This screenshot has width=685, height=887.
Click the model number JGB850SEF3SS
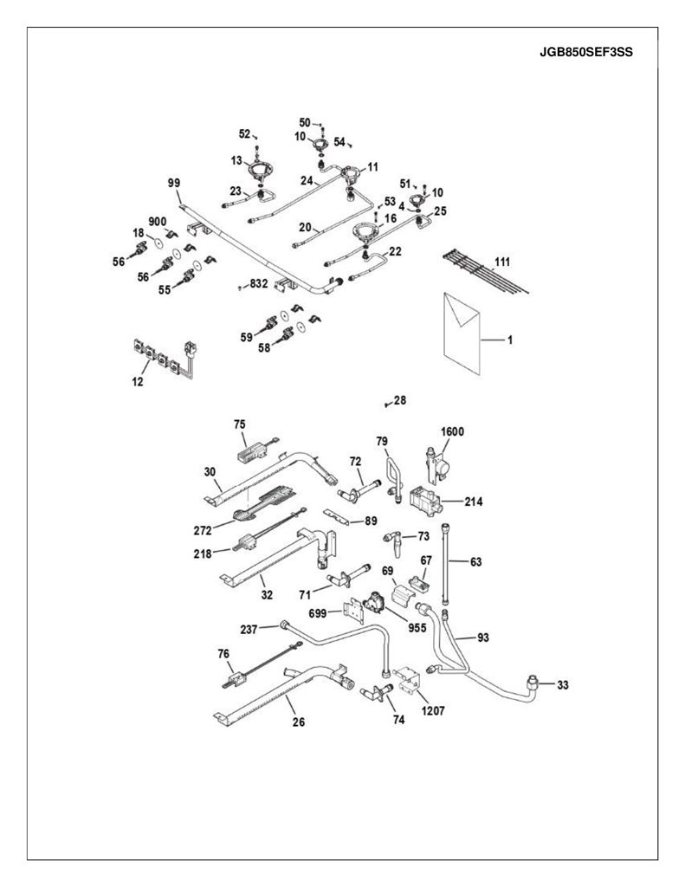click(x=586, y=53)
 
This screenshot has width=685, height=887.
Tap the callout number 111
click(x=502, y=262)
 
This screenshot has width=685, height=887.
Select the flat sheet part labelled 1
click(x=462, y=333)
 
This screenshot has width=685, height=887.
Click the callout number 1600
click(x=452, y=431)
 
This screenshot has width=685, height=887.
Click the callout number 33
click(x=562, y=685)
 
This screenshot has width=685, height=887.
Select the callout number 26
click(x=299, y=722)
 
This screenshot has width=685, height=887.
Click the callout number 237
click(x=249, y=629)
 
